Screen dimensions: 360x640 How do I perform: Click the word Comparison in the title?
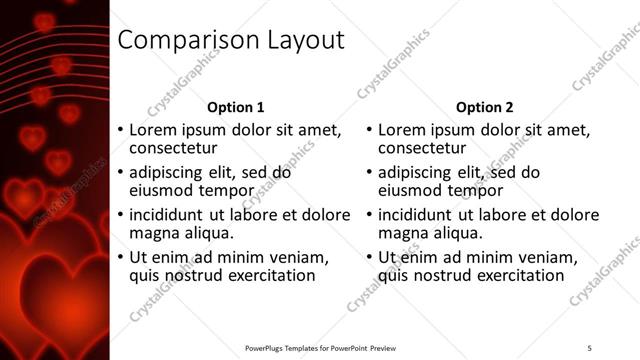pyautogui.click(x=185, y=40)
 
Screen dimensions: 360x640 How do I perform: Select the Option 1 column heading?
pyautogui.click(x=236, y=107)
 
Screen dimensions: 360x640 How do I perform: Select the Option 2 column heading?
pyautogui.click(x=484, y=107)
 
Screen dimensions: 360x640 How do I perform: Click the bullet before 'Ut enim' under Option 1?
pyautogui.click(x=121, y=257)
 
